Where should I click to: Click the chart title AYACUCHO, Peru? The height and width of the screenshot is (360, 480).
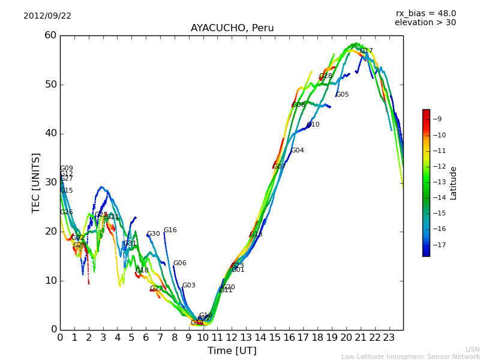[232, 28]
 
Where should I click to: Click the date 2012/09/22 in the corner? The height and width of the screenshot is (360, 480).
[47, 16]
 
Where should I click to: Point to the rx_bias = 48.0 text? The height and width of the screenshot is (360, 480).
[426, 14]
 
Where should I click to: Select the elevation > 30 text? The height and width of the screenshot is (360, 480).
[425, 23]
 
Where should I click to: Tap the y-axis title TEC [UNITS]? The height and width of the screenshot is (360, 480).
[37, 182]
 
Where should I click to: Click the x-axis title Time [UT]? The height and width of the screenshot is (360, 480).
[232, 351]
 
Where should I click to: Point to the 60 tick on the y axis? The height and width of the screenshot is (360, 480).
[50, 35]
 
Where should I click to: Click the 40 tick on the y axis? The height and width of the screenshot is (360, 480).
[50, 133]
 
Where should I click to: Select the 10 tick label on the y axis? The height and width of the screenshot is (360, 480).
[50, 280]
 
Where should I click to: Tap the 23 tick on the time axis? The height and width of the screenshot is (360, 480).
[389, 337]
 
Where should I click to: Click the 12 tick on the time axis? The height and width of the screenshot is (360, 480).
[232, 337]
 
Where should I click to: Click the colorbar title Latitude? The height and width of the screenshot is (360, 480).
[454, 183]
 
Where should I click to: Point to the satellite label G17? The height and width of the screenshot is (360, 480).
[367, 51]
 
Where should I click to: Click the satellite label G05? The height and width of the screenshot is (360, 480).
[343, 95]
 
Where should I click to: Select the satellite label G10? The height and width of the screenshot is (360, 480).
[313, 125]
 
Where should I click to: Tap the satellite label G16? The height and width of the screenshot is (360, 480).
[170, 230]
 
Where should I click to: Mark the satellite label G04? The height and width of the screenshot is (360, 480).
[298, 151]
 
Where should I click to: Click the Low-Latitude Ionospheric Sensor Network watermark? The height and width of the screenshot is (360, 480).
[410, 357]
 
